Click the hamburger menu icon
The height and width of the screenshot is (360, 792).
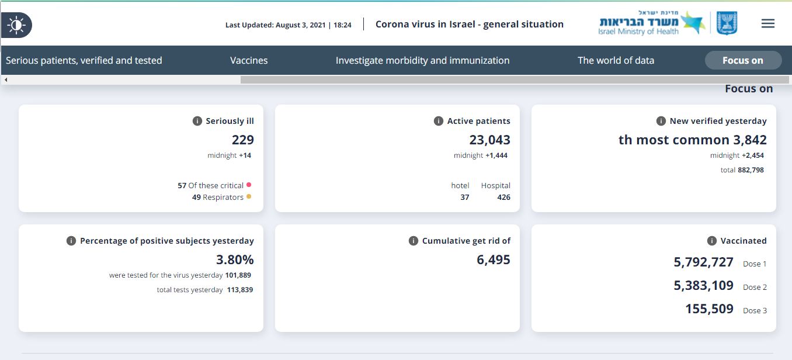coord(768,24)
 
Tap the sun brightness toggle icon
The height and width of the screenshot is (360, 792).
coord(16,25)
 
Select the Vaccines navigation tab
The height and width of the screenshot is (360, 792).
coord(249,60)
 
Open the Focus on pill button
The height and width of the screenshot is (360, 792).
coord(743,60)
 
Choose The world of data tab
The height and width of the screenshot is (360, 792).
coord(616,60)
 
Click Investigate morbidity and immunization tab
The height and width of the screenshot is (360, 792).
coord(422,60)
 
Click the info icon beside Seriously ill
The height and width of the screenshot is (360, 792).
coord(197,121)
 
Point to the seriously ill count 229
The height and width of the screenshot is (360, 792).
coord(243,140)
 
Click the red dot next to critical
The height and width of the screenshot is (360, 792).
coord(249,185)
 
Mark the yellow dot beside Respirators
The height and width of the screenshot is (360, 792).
coord(249,196)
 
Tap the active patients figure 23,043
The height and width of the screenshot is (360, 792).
coord(489,140)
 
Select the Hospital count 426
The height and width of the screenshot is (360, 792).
coord(503,197)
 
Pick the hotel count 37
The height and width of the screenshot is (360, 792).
coord(464,197)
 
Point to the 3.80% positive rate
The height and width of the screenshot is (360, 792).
coord(235,259)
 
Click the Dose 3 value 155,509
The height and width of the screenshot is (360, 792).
coord(709,309)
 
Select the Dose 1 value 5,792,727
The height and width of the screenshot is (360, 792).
coord(703,262)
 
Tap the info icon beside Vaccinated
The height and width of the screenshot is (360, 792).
coord(711,241)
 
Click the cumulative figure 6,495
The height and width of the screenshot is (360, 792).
coord(494,259)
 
